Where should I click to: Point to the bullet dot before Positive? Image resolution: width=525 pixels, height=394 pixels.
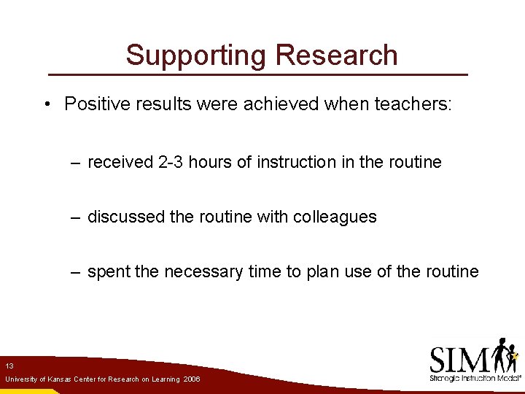45,104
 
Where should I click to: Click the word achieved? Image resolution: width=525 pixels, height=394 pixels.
281,104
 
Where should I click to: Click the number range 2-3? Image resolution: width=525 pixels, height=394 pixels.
170,162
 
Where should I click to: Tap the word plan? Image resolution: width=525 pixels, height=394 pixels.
322,272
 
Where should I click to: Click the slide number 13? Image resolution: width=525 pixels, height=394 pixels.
9,366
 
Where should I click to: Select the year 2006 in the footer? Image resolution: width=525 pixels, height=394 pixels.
192,379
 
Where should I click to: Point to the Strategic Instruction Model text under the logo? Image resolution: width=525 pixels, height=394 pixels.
475,378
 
